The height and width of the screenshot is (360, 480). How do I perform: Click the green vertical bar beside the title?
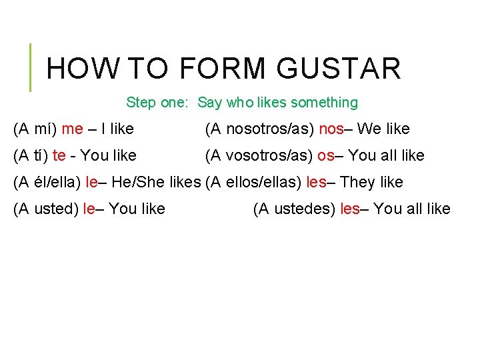[30, 67]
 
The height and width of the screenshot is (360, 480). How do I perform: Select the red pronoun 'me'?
[72, 129]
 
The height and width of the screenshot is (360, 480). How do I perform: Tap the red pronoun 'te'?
[59, 155]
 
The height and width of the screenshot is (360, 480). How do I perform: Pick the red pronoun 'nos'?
[331, 129]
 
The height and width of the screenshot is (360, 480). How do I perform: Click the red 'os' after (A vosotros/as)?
[325, 155]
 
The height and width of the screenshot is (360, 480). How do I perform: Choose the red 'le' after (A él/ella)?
[92, 182]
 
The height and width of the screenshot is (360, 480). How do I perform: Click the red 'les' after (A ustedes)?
[350, 209]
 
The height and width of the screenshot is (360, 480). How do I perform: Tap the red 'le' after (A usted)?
[89, 209]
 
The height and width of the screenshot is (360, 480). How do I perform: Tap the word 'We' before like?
[369, 129]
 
